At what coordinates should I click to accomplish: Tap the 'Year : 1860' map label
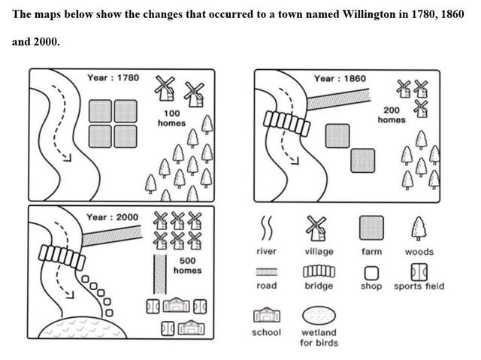340,78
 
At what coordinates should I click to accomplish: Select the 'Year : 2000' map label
113,217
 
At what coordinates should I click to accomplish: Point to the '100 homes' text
171,118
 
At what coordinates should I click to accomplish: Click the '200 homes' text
391,114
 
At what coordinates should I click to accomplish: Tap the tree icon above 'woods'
419,227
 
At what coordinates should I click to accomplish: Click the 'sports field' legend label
419,286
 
